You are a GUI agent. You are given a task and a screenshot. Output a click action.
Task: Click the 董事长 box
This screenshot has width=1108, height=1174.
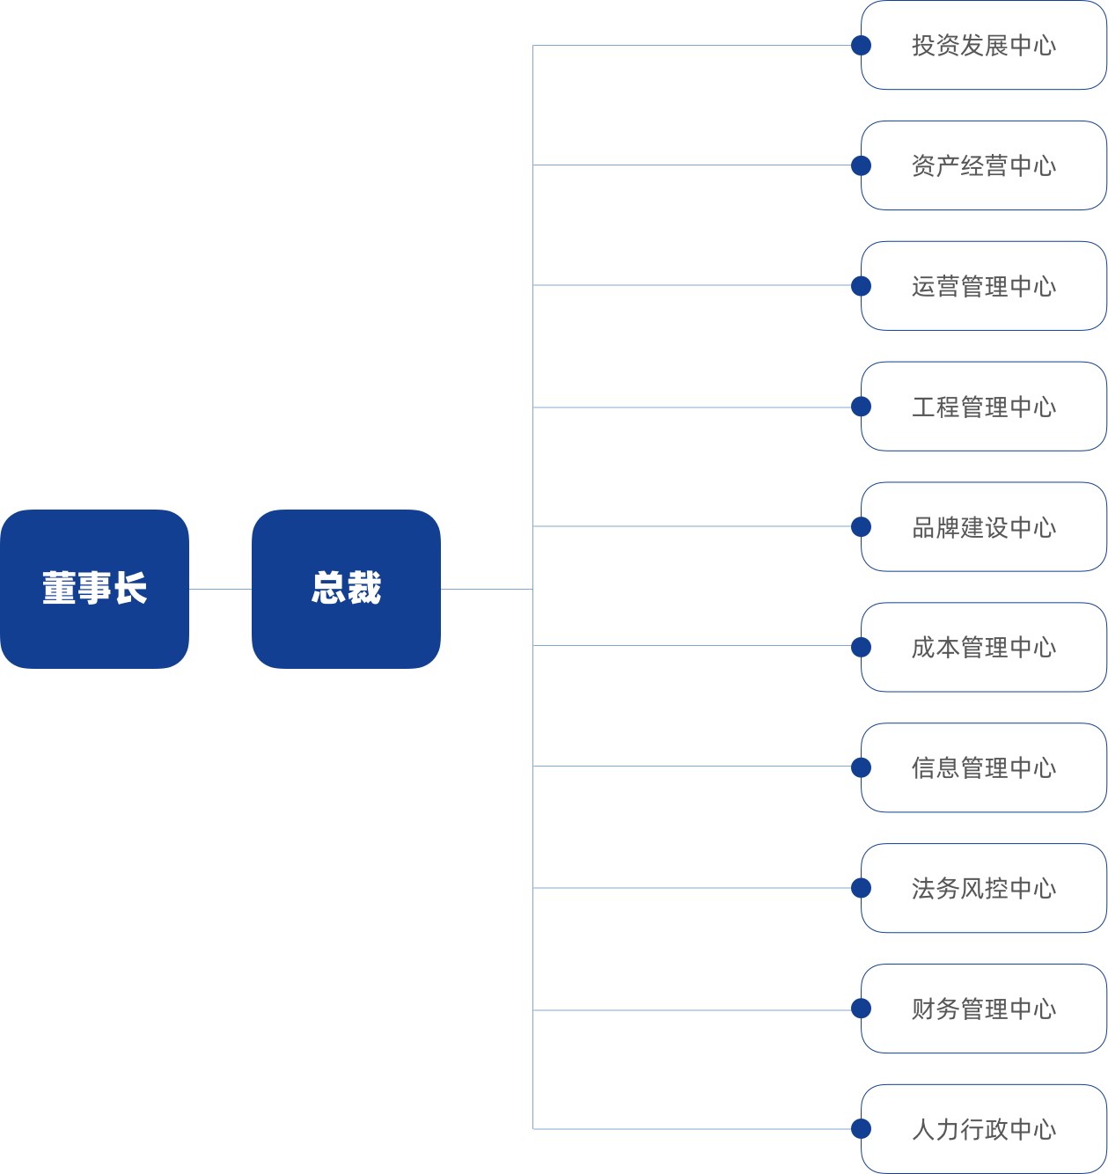pyautogui.click(x=94, y=589)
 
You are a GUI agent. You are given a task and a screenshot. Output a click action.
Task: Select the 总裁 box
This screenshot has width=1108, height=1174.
pyautogui.click(x=346, y=589)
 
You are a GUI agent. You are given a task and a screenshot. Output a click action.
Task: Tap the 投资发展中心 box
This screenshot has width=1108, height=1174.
pyautogui.click(x=983, y=45)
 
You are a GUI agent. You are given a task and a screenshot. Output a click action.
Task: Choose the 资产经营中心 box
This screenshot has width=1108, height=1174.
pyautogui.click(x=983, y=165)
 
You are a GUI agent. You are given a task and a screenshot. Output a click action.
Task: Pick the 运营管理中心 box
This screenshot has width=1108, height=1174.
pyautogui.click(x=983, y=286)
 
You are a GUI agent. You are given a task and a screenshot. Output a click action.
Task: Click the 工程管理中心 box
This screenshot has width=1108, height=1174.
pyautogui.click(x=983, y=407)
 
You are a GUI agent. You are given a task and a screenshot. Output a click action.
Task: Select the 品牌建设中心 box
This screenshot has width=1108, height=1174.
pyautogui.click(x=983, y=526)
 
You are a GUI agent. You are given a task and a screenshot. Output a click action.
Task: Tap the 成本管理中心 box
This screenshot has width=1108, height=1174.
pyautogui.click(x=983, y=648)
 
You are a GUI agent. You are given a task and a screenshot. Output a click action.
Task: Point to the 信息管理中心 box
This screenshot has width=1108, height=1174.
pyautogui.click(x=983, y=768)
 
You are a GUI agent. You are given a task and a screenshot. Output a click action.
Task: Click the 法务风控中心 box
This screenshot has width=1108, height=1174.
pyautogui.click(x=983, y=888)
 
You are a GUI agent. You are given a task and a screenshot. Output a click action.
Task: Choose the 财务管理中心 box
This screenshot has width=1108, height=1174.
pyautogui.click(x=983, y=1009)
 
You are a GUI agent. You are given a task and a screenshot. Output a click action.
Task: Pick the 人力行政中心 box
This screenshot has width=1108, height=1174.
pyautogui.click(x=983, y=1129)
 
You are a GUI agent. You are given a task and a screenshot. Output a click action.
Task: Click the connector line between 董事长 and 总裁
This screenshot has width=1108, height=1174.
pyautogui.click(x=221, y=589)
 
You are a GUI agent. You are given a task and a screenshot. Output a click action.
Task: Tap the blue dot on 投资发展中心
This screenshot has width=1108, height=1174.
pyautogui.click(x=861, y=45)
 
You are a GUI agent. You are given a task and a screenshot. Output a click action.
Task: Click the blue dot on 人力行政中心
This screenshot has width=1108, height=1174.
pyautogui.click(x=861, y=1128)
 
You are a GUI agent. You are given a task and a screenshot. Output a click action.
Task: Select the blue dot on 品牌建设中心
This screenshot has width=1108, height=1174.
pyautogui.click(x=861, y=526)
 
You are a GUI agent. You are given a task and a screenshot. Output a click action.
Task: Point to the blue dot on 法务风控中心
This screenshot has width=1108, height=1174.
pyautogui.click(x=861, y=888)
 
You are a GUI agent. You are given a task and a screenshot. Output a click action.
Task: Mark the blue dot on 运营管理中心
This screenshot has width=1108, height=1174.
pyautogui.click(x=861, y=286)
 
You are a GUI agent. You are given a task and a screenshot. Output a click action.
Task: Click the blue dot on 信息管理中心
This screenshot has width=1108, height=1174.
pyautogui.click(x=861, y=767)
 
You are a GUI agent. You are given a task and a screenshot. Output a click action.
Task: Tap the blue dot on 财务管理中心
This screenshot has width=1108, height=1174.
pyautogui.click(x=861, y=1009)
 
